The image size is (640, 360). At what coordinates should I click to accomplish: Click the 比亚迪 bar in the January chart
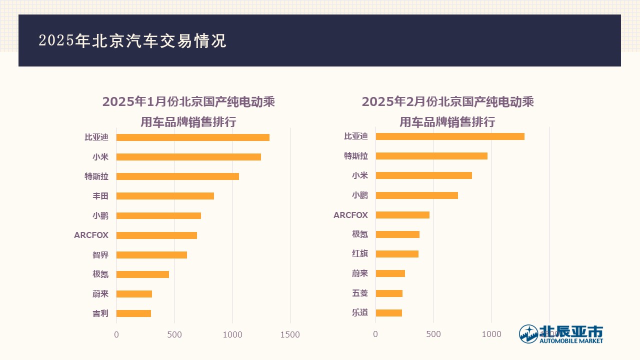[x=192, y=137]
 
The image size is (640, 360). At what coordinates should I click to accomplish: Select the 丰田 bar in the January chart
[x=165, y=196]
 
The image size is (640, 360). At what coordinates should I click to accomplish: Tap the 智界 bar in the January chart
[x=151, y=255]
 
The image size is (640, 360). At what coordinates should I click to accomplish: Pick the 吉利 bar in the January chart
[x=133, y=313]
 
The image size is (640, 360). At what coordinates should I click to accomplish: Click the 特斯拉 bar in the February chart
[x=431, y=156]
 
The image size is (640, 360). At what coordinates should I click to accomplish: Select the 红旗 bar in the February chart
[x=397, y=254]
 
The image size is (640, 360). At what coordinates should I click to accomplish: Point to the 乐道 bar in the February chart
[x=388, y=313]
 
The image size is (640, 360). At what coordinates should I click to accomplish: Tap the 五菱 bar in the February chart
[x=389, y=293]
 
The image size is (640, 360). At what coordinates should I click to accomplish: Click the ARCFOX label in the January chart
[x=91, y=235]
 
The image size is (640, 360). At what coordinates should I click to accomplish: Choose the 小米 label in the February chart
[x=359, y=175]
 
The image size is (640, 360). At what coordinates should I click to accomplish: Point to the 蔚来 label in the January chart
[x=100, y=294]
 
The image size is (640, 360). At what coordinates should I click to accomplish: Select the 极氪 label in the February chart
[x=359, y=234]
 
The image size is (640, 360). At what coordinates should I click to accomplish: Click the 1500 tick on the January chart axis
[x=290, y=335]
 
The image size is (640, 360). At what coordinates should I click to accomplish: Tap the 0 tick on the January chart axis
[x=116, y=335]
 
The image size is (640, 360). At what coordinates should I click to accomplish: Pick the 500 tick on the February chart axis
[x=433, y=334]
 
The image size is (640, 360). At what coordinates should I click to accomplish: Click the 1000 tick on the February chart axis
[x=491, y=334]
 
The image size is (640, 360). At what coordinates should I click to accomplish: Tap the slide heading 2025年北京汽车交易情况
[x=132, y=41]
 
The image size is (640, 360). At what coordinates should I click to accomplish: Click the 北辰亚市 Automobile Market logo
[x=560, y=334]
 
